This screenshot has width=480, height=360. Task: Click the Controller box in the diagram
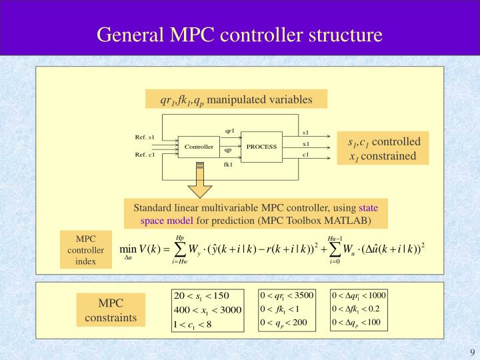[x=199, y=147]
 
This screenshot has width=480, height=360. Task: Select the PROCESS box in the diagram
[x=261, y=147]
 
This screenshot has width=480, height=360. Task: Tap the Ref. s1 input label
[x=145, y=137]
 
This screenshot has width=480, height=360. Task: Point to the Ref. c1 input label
[x=145, y=155]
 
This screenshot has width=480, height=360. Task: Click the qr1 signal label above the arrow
[x=229, y=131]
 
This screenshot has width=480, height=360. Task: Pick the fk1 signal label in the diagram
[x=228, y=164]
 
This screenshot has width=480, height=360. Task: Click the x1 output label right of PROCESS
[x=306, y=144]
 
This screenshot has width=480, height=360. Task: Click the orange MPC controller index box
[x=86, y=250]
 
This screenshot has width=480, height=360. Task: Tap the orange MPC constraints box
[x=111, y=310]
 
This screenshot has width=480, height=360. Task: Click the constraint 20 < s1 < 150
[x=201, y=295]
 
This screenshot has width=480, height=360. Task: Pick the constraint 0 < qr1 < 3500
[x=287, y=295]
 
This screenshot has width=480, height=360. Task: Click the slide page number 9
[x=472, y=353]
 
